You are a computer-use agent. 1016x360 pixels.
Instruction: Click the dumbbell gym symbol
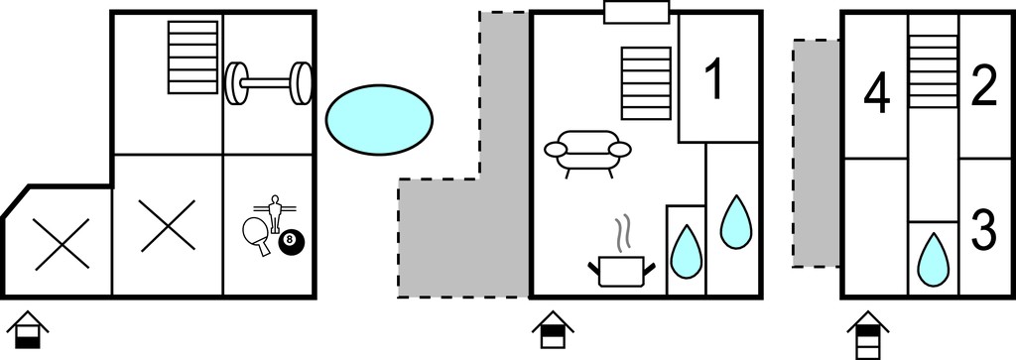coord(268,83)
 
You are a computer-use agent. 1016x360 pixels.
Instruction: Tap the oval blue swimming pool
coord(379,120)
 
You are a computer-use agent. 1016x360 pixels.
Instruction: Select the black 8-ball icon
coord(290,241)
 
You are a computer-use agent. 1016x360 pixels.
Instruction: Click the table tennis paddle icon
coord(257,234)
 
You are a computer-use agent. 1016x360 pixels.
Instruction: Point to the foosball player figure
coord(276,212)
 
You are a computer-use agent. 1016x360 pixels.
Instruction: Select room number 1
coord(714,78)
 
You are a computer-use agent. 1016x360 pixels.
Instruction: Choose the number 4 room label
coord(877,95)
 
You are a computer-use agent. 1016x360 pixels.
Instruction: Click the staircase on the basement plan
coord(193,57)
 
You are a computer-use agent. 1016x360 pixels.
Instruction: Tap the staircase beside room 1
coord(646,83)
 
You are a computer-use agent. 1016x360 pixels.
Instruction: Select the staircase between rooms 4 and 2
coord(933,70)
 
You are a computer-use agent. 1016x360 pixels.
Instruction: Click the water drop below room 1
coord(736,221)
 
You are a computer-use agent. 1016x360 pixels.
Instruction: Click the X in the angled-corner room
coord(62,243)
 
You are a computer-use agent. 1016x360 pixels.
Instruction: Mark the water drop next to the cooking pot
coord(686,251)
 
